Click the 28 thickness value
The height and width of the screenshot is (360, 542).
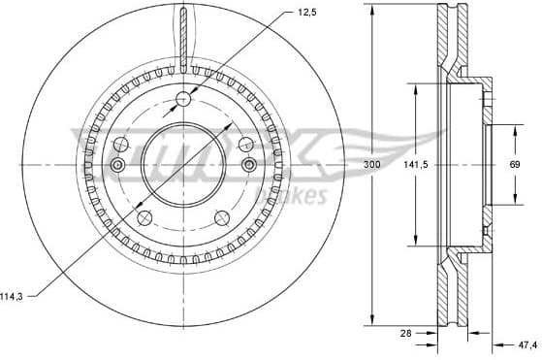[x=407, y=333]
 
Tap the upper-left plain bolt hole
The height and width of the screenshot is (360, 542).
[x=120, y=144]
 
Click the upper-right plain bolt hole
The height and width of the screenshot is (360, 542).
[x=245, y=144]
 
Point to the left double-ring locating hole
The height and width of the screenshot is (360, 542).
[x=116, y=166]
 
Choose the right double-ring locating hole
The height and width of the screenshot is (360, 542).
[x=249, y=166]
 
